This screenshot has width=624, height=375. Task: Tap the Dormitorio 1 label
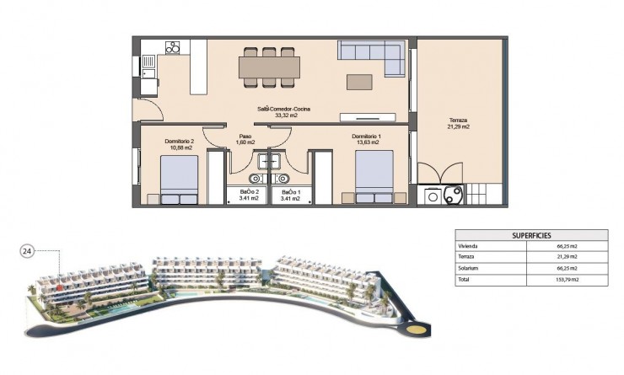pyautogui.click(x=367, y=139)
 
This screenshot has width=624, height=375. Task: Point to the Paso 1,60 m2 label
pyautogui.click(x=245, y=139)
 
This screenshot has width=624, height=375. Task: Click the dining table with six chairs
pyautogui.click(x=269, y=66)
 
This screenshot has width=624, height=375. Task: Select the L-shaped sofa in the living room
pyautogui.click(x=370, y=55)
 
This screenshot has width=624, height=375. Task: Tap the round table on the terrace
pyautogui.click(x=452, y=195)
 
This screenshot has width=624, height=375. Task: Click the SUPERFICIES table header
pyautogui.click(x=530, y=237)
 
